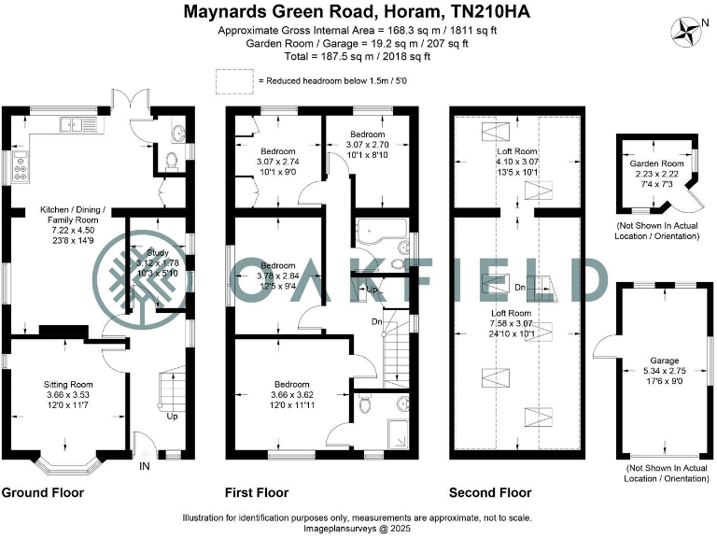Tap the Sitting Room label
(69, 384)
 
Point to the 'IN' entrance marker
(145, 466)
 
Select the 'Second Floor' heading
(490, 492)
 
